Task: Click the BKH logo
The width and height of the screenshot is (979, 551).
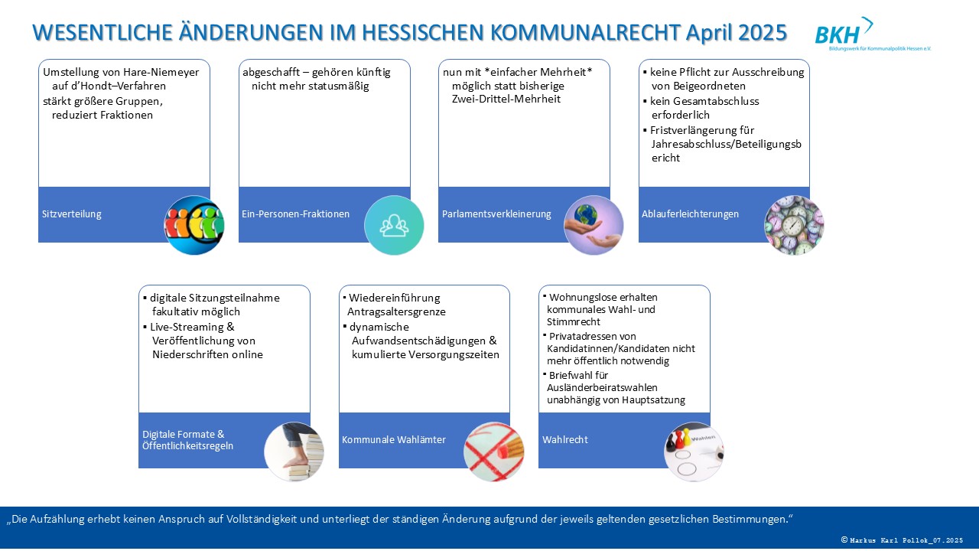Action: (872, 34)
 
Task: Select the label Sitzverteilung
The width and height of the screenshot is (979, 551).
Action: (72, 214)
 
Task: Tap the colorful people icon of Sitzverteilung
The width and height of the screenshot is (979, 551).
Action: (194, 225)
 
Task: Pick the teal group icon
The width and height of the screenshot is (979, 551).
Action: (394, 225)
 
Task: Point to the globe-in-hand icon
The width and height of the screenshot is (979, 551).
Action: (594, 225)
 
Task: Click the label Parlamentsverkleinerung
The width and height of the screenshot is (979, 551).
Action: (496, 214)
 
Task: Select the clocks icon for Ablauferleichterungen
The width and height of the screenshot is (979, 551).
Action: (794, 225)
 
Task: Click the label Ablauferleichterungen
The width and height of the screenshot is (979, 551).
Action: (691, 214)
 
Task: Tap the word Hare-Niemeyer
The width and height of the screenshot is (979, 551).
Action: (161, 73)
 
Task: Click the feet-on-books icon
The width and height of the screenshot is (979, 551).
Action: (294, 452)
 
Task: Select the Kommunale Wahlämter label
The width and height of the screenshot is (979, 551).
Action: (394, 440)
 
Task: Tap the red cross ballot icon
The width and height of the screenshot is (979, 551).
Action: (493, 452)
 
